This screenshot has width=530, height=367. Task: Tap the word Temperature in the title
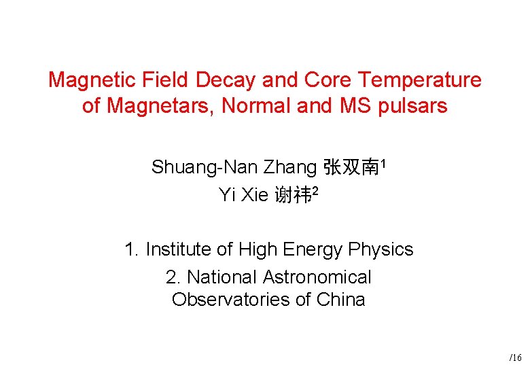coord(420,80)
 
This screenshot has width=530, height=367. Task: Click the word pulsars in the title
coord(414,107)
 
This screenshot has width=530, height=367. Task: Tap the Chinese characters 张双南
coord(351,167)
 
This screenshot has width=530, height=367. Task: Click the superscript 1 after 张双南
coord(384,163)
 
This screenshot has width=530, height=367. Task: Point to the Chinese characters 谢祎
coord(293,196)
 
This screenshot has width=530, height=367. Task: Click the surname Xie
coord(254,196)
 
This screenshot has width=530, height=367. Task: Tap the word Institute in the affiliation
coord(179,249)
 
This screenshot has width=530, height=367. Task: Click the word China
coord(341,300)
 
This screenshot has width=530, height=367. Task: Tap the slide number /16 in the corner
coord(516,357)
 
